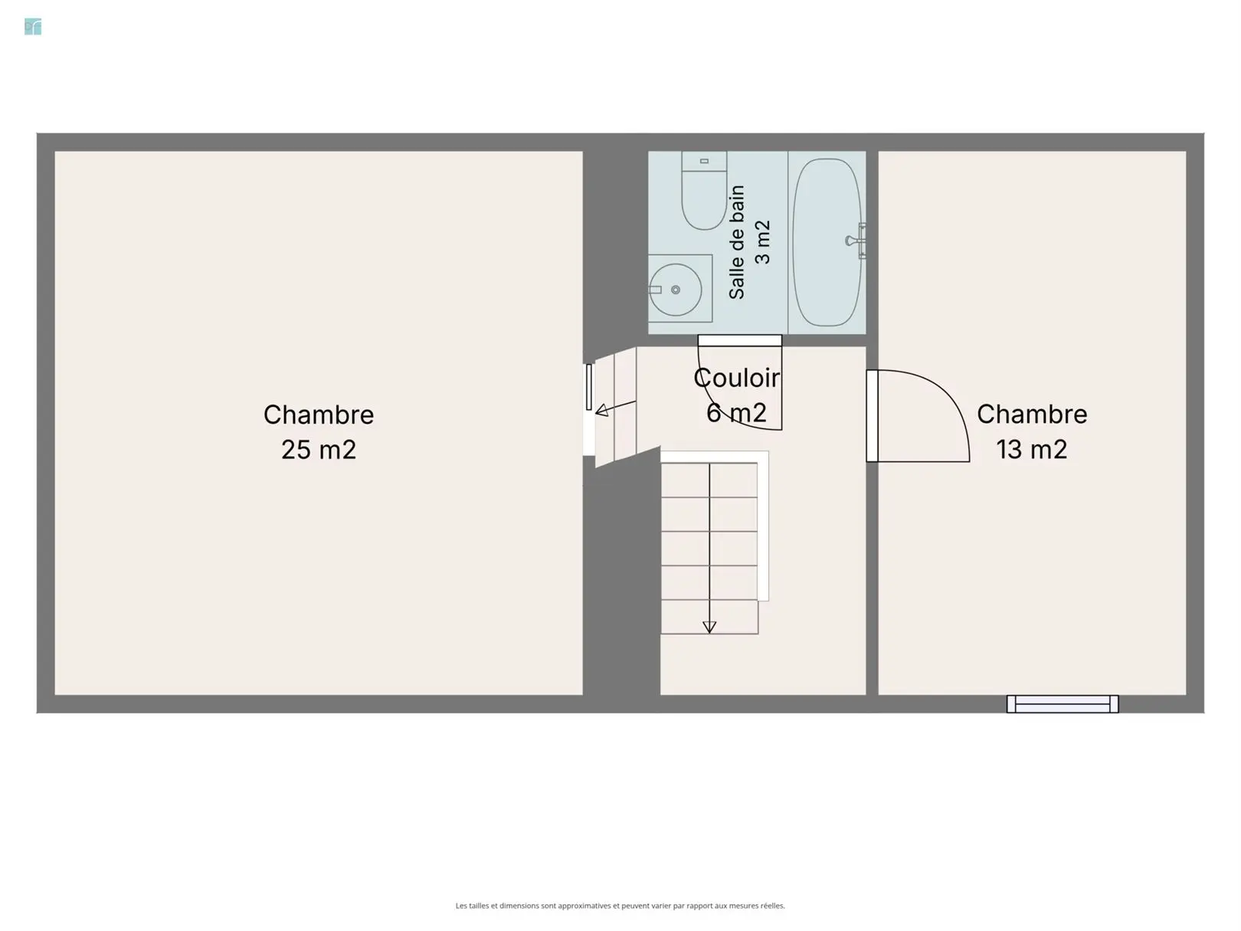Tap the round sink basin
675,290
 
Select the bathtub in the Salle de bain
827,242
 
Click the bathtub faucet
856,241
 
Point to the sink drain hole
676,290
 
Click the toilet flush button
704,161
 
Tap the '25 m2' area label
319,450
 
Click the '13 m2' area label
1031,450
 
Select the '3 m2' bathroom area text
763,242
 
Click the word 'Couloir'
737,379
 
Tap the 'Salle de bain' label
737,242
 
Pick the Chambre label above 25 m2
319,415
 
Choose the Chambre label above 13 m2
1032,414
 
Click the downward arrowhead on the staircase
709,627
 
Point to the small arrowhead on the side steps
602,410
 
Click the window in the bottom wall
1063,703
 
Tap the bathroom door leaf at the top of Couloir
740,340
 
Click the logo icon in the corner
33,27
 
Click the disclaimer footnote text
620,906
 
